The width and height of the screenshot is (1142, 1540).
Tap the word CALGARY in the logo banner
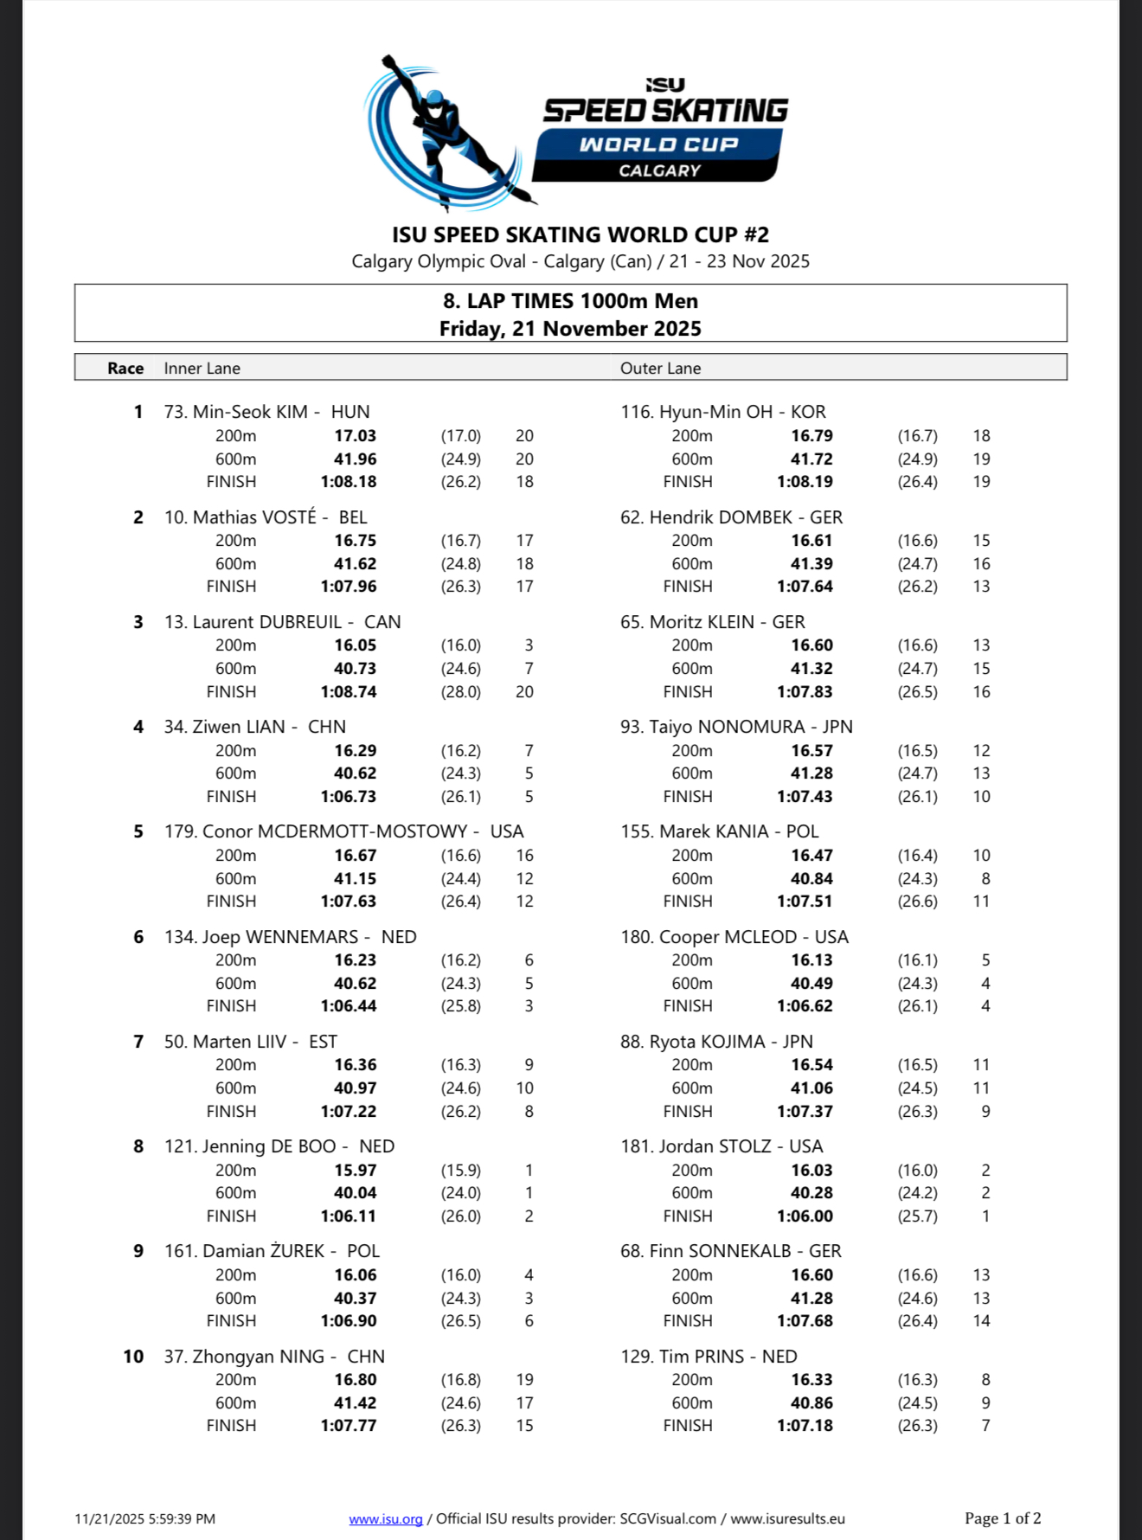pos(659,170)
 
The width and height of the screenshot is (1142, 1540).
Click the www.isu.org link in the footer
pos(386,1518)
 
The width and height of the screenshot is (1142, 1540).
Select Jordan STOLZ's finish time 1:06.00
pos(805,1216)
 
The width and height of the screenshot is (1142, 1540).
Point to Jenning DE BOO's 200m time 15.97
pos(356,1170)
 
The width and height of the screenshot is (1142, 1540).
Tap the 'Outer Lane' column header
pos(660,368)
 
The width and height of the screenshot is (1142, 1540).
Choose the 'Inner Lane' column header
pos(202,368)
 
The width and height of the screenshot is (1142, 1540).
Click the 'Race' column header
pos(125,368)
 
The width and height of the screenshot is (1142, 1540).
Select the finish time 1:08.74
pos(349,691)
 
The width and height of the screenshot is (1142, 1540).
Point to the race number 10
pos(133,1356)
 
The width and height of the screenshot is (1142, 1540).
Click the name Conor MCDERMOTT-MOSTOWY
pos(335,831)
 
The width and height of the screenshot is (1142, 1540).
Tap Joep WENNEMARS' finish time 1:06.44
pos(349,1005)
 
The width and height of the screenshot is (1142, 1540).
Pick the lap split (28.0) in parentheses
pos(461,691)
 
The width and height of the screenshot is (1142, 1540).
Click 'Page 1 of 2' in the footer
pos(1003,1518)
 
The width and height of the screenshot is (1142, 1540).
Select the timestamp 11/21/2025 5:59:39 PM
pos(145,1518)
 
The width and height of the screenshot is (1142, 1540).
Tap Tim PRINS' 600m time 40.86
pos(812,1402)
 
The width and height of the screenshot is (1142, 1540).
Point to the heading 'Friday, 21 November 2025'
pos(570,329)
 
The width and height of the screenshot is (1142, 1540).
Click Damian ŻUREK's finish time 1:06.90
pos(349,1320)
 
